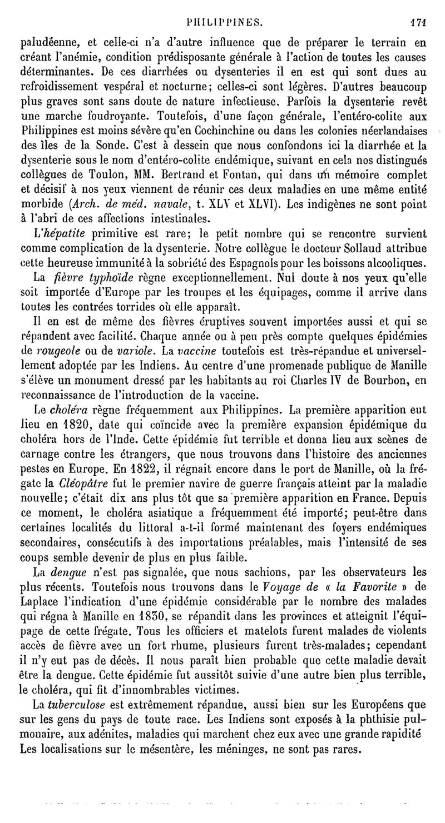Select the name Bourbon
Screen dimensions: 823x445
click(392, 381)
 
